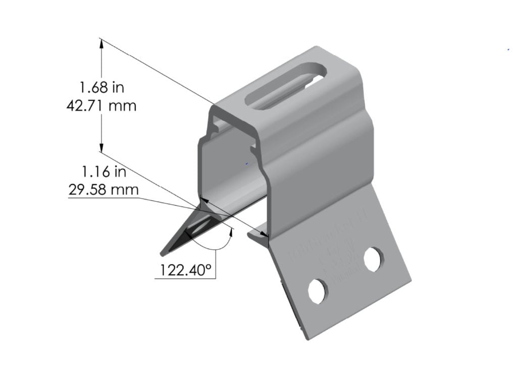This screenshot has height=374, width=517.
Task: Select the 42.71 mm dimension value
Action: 101,106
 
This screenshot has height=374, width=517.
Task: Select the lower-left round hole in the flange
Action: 318,291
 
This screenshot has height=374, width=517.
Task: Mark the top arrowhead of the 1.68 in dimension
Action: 102,43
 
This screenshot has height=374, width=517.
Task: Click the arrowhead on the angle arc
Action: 232,231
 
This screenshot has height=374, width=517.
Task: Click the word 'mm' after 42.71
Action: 124,106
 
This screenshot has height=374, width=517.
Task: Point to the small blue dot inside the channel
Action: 246,163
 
